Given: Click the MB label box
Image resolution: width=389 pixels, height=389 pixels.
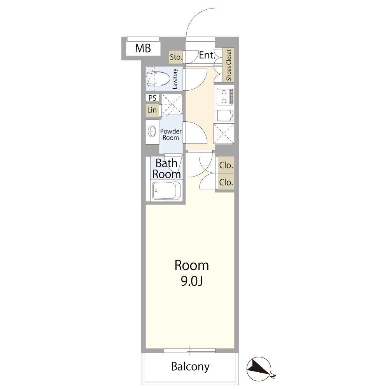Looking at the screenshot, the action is click(x=143, y=48).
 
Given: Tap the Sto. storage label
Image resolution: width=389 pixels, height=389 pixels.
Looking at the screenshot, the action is click(x=176, y=57).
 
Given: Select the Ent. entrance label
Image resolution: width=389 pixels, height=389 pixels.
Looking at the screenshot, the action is click(x=207, y=55).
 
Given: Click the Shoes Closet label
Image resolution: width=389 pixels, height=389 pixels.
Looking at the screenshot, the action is click(x=228, y=65).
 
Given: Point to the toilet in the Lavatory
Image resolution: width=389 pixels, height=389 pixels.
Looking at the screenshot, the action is click(x=158, y=79).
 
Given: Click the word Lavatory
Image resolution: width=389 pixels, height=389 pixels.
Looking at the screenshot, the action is click(x=175, y=79).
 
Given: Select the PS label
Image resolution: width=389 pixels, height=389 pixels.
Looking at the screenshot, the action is click(x=152, y=98).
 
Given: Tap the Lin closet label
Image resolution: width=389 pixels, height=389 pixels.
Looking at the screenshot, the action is click(x=152, y=110).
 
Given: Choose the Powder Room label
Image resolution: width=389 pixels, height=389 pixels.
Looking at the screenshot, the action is click(x=171, y=134).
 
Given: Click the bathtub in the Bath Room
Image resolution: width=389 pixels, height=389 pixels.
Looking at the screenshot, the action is click(x=166, y=191).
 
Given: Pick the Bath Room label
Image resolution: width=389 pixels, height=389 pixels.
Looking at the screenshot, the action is click(x=166, y=169).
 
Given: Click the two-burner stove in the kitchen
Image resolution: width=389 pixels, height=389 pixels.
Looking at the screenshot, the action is click(x=225, y=96).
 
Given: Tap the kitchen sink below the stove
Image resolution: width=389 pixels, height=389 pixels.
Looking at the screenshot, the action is click(x=225, y=116).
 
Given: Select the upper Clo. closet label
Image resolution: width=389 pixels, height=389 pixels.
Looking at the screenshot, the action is click(x=226, y=165).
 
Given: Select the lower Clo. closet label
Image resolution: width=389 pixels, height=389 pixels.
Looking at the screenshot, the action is click(x=226, y=182).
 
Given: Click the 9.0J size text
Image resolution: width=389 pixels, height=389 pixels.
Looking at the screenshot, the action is click(x=192, y=281).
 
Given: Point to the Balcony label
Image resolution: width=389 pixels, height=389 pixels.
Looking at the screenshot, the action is click(x=190, y=367).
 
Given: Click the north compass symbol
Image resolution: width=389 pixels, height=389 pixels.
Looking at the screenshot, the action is click(x=259, y=369).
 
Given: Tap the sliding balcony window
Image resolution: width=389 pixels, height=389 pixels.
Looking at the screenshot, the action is click(x=189, y=350).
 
